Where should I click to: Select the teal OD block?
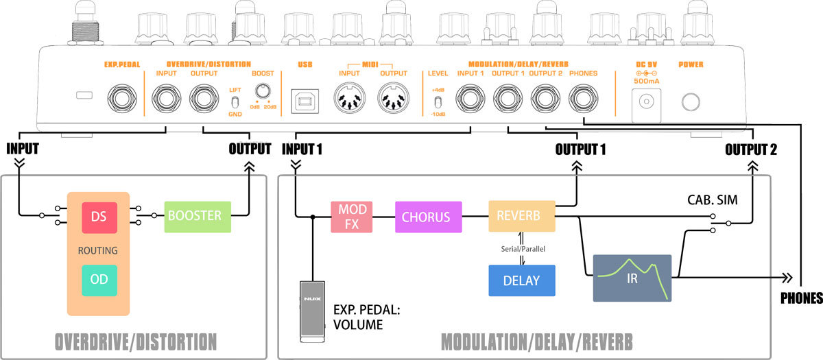click(98, 280)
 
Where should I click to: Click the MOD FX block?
click(350, 217)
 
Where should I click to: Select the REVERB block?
click(521, 217)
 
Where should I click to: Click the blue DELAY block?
click(521, 280)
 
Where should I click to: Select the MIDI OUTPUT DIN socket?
click(394, 100)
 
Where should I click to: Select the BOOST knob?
click(261, 91)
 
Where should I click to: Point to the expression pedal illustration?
click(312, 311)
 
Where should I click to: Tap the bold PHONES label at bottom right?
click(801, 298)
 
